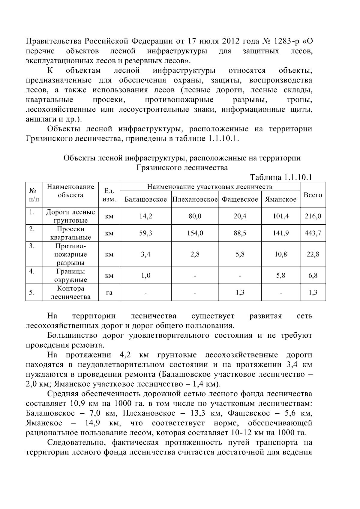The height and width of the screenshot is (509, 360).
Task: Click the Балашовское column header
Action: point(145,199)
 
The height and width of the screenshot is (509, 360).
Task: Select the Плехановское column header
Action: point(195,199)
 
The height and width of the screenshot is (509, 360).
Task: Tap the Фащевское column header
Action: point(240,199)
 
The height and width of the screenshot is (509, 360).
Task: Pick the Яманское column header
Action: point(280,199)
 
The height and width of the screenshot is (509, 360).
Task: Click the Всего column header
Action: point(313,195)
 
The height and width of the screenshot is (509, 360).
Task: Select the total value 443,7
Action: point(313,233)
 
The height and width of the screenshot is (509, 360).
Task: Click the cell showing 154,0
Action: point(195,233)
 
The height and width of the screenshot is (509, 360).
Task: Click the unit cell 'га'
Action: point(109,292)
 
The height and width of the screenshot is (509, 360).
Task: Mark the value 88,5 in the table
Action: point(240,233)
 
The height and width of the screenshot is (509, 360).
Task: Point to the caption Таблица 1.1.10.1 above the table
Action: point(281,177)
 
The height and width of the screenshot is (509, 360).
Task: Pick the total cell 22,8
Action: point(313,254)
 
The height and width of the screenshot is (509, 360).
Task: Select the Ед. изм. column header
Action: point(109,195)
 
